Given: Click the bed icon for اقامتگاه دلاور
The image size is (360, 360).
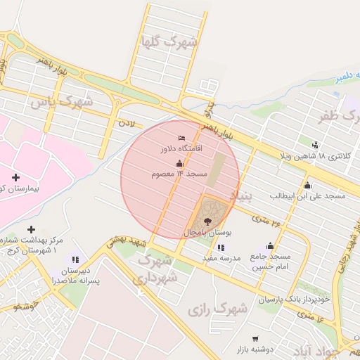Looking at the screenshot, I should (x=182, y=137).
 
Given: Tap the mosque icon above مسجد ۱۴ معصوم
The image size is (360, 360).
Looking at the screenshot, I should (x=180, y=163).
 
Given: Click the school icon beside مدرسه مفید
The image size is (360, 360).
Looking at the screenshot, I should (x=221, y=247).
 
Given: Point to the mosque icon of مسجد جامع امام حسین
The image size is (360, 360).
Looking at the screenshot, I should (x=270, y=245).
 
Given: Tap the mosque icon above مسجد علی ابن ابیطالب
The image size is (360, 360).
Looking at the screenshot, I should (x=307, y=185).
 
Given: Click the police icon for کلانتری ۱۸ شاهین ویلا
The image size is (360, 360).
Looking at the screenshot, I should (x=314, y=145).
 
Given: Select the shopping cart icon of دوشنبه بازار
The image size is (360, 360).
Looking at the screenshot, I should (x=255, y=339).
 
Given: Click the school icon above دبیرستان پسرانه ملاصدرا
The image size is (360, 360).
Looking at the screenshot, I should (x=75, y=259).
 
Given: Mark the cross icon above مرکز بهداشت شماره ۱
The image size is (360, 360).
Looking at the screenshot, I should (x=31, y=229).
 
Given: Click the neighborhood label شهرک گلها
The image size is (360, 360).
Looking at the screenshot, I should (x=169, y=41).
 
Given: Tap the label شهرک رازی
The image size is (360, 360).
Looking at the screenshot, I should (x=218, y=308).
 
